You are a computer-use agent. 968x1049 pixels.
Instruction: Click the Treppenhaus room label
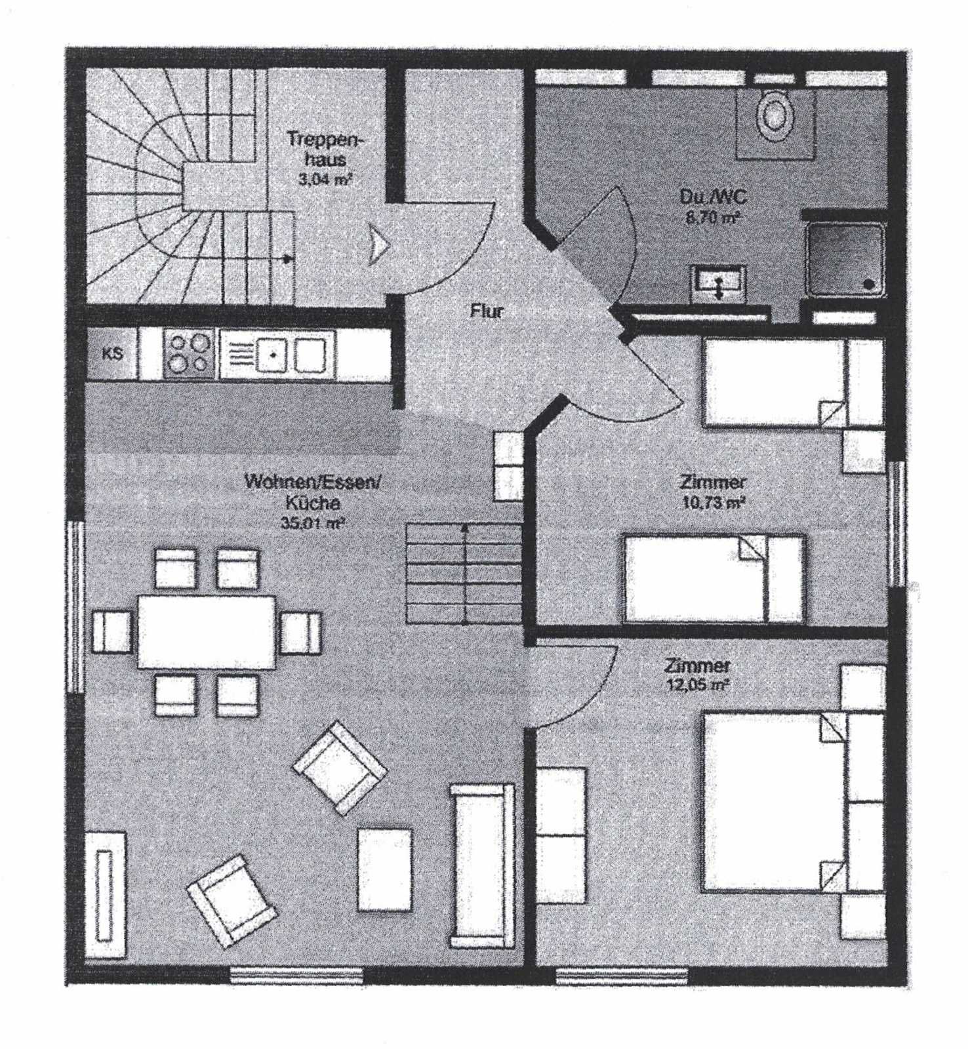click(325, 149)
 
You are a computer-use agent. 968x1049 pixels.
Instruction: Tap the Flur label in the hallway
click(487, 311)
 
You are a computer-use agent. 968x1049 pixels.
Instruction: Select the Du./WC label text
click(712, 197)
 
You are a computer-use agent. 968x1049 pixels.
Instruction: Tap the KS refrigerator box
click(112, 353)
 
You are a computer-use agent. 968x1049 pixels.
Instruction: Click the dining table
click(207, 631)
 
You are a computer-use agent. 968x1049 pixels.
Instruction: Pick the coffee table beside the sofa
click(386, 870)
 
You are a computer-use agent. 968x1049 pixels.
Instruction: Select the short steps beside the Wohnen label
click(464, 574)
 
